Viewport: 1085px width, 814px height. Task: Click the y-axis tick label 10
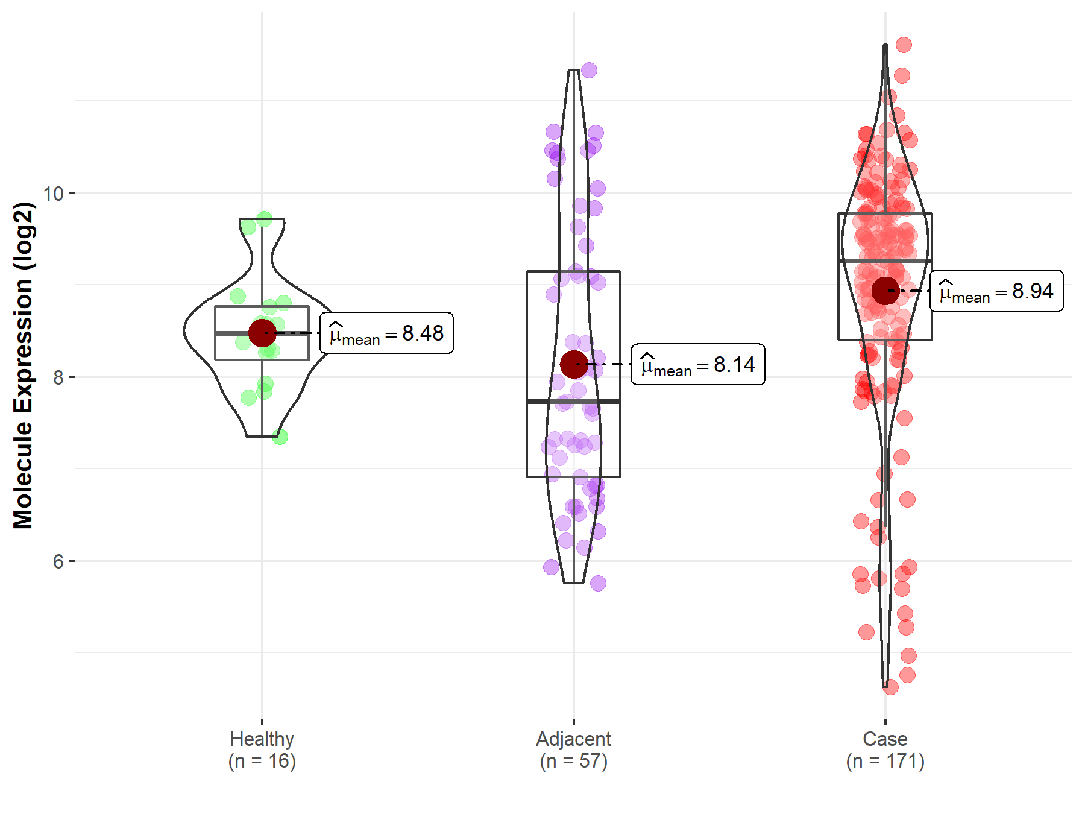click(x=54, y=194)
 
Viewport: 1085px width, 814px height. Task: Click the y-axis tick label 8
click(x=58, y=377)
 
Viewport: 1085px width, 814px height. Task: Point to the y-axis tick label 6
click(x=58, y=561)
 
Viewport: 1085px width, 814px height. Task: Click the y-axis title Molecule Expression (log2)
click(x=23, y=365)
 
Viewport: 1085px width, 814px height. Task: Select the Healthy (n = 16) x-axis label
click(x=262, y=749)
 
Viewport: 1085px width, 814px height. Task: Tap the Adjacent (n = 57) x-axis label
click(x=573, y=749)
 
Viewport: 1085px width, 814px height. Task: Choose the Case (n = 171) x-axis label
click(x=885, y=749)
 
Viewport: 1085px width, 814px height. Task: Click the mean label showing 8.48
click(x=386, y=333)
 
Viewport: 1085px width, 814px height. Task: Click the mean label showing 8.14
click(x=698, y=364)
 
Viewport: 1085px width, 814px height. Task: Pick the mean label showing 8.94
click(x=996, y=291)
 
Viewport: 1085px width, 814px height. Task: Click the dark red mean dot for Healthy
click(x=262, y=333)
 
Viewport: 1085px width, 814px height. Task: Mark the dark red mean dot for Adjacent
click(x=573, y=364)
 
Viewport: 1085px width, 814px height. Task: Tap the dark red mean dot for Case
click(x=885, y=291)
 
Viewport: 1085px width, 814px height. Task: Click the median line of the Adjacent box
click(x=573, y=401)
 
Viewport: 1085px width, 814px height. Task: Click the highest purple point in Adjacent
click(x=589, y=70)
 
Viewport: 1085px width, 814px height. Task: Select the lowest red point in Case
click(x=890, y=687)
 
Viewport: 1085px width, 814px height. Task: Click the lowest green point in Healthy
click(x=280, y=437)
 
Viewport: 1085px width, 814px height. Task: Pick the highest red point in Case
click(x=904, y=45)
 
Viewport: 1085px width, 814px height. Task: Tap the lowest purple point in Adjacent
click(x=598, y=583)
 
